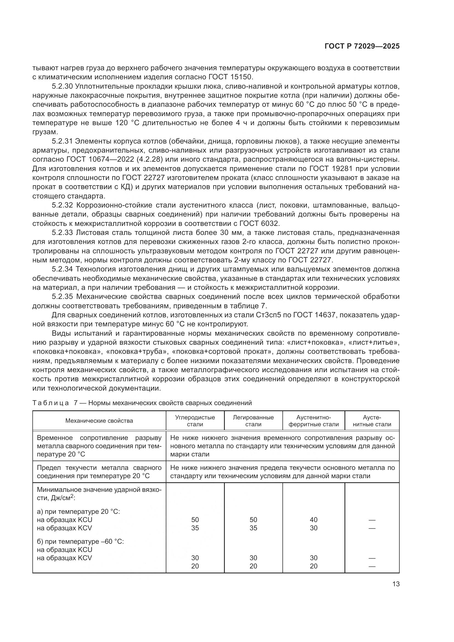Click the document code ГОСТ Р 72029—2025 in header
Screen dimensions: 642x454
click(x=362, y=46)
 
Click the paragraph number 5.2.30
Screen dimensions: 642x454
click(x=62, y=86)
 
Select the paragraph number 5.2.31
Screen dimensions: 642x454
click(x=62, y=141)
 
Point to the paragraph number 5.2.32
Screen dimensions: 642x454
click(x=62, y=205)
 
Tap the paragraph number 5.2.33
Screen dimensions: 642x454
click(x=62, y=233)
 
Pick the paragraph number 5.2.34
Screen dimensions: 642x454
click(x=62, y=269)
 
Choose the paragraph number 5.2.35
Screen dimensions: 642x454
click(x=62, y=297)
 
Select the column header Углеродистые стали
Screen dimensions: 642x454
click(x=195, y=421)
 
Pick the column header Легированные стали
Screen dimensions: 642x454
click(x=253, y=421)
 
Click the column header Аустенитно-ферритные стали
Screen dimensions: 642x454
click(x=313, y=421)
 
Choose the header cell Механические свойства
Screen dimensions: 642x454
click(x=99, y=421)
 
